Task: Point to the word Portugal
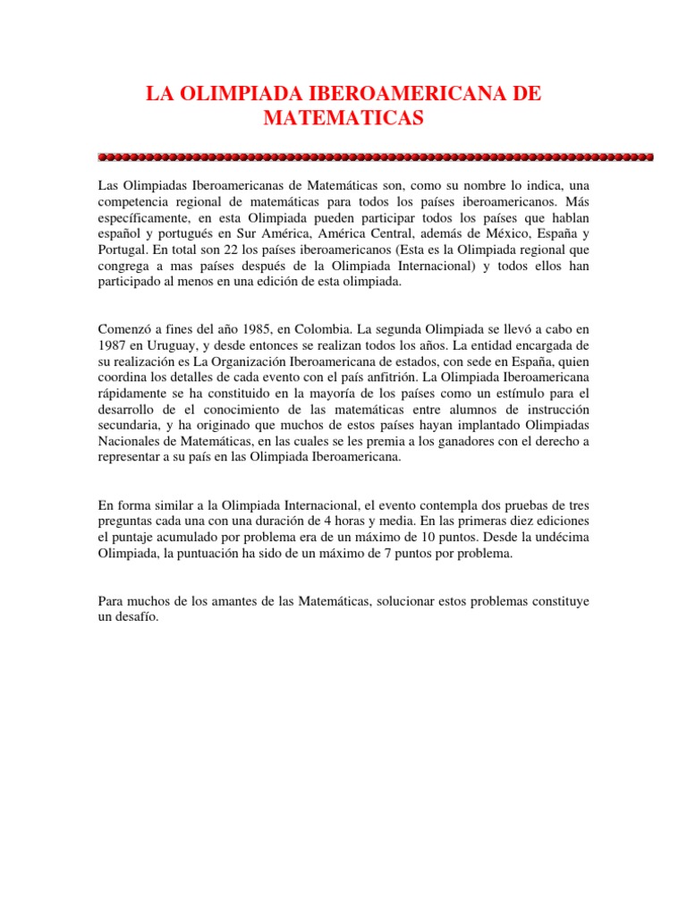click(120, 250)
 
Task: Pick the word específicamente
click(139, 217)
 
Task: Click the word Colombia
click(311, 327)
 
